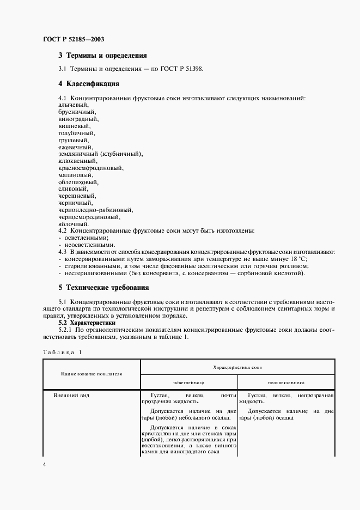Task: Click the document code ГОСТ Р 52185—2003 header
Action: click(74, 39)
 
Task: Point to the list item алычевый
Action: click(73, 105)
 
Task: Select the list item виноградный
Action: click(78, 119)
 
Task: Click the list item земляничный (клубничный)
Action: click(100, 154)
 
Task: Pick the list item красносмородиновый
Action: click(90, 168)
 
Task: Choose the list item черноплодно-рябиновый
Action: click(96, 210)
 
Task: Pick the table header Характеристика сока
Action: click(237, 367)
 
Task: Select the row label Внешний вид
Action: click(68, 395)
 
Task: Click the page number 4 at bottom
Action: click(45, 464)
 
